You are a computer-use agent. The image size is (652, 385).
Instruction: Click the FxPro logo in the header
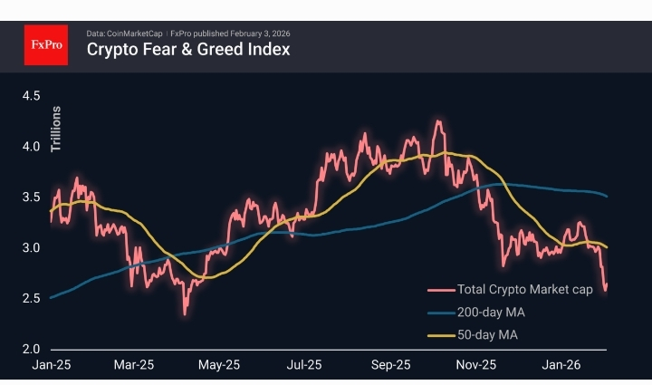coord(46,43)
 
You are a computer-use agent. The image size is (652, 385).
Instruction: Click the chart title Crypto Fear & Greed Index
coord(187,50)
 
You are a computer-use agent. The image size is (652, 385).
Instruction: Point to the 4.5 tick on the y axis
coord(32,95)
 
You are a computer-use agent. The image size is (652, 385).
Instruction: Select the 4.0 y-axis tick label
coord(32,146)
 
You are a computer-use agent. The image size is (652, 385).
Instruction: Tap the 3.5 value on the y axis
coord(32,197)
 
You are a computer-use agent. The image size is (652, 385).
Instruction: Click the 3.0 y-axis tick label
coord(32,247)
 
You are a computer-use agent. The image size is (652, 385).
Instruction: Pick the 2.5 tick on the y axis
coord(32,298)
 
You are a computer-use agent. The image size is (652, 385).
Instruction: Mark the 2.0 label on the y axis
coord(32,349)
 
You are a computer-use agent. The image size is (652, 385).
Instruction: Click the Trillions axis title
coord(56,128)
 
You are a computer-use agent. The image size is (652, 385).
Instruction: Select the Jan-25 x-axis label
coord(51,365)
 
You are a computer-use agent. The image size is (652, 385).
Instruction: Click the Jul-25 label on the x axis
coord(305,365)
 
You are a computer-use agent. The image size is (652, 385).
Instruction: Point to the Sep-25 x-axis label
coord(391,365)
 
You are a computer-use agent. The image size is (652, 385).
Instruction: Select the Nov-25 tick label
coord(475,365)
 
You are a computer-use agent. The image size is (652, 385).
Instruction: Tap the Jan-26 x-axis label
coord(561,365)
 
